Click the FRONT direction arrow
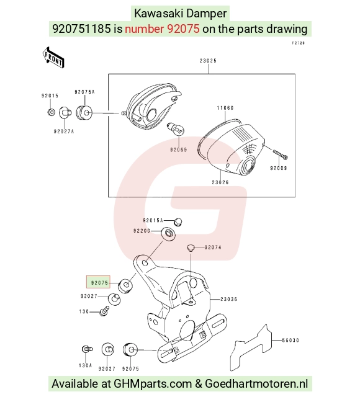(53, 58)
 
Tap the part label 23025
(208, 61)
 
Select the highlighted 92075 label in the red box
(99, 282)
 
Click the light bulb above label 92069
(176, 128)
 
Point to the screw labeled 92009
(280, 154)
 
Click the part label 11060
(225, 108)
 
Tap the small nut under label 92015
(51, 112)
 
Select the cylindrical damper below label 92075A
(84, 113)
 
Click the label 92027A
(63, 132)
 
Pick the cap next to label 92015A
(178, 222)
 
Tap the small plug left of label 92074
(191, 248)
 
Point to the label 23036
(229, 299)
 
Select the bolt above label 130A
(87, 349)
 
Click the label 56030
(291, 341)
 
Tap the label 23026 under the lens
(220, 182)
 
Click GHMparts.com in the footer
(153, 383)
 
